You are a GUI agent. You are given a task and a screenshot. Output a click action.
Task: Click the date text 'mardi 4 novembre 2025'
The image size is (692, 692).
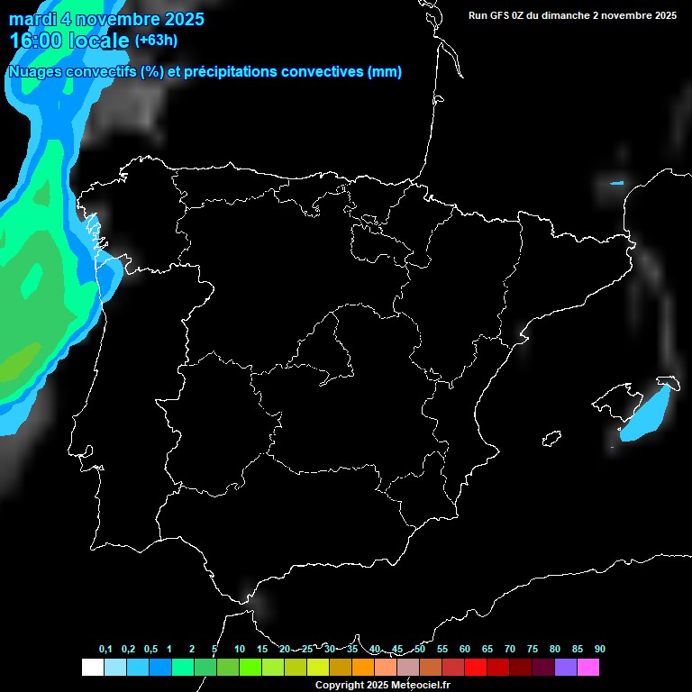pos(106,19)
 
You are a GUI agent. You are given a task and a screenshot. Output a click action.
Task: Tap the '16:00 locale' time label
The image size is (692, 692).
pos(68,41)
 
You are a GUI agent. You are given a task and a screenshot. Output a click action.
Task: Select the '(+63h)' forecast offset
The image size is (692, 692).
pos(156,41)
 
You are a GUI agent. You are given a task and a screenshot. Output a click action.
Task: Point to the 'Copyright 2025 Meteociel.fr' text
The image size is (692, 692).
pos(383,685)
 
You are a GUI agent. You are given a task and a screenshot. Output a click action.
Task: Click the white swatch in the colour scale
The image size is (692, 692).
pos(92,668)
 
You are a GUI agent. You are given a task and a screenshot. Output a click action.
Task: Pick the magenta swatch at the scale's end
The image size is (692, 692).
pos(588,668)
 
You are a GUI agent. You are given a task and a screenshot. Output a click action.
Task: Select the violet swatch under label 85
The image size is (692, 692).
pos(566,668)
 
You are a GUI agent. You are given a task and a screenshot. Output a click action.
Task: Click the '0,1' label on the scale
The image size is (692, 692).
pos(105,650)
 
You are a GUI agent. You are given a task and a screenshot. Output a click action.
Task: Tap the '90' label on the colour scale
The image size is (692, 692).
pos(600,650)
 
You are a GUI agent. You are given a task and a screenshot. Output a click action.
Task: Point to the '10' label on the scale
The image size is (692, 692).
pos(240,650)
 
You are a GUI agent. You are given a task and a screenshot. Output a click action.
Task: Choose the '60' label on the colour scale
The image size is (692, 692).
pos(465,650)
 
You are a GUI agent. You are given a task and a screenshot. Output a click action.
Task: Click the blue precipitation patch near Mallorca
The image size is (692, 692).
pos(646,414)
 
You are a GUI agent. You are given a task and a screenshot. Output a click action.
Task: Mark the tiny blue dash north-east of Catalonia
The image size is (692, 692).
pos(616,184)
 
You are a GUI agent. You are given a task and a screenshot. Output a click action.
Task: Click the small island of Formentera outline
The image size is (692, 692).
pos(552,438)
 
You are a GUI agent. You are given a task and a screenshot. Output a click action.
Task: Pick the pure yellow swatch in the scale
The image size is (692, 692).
pos(318,668)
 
